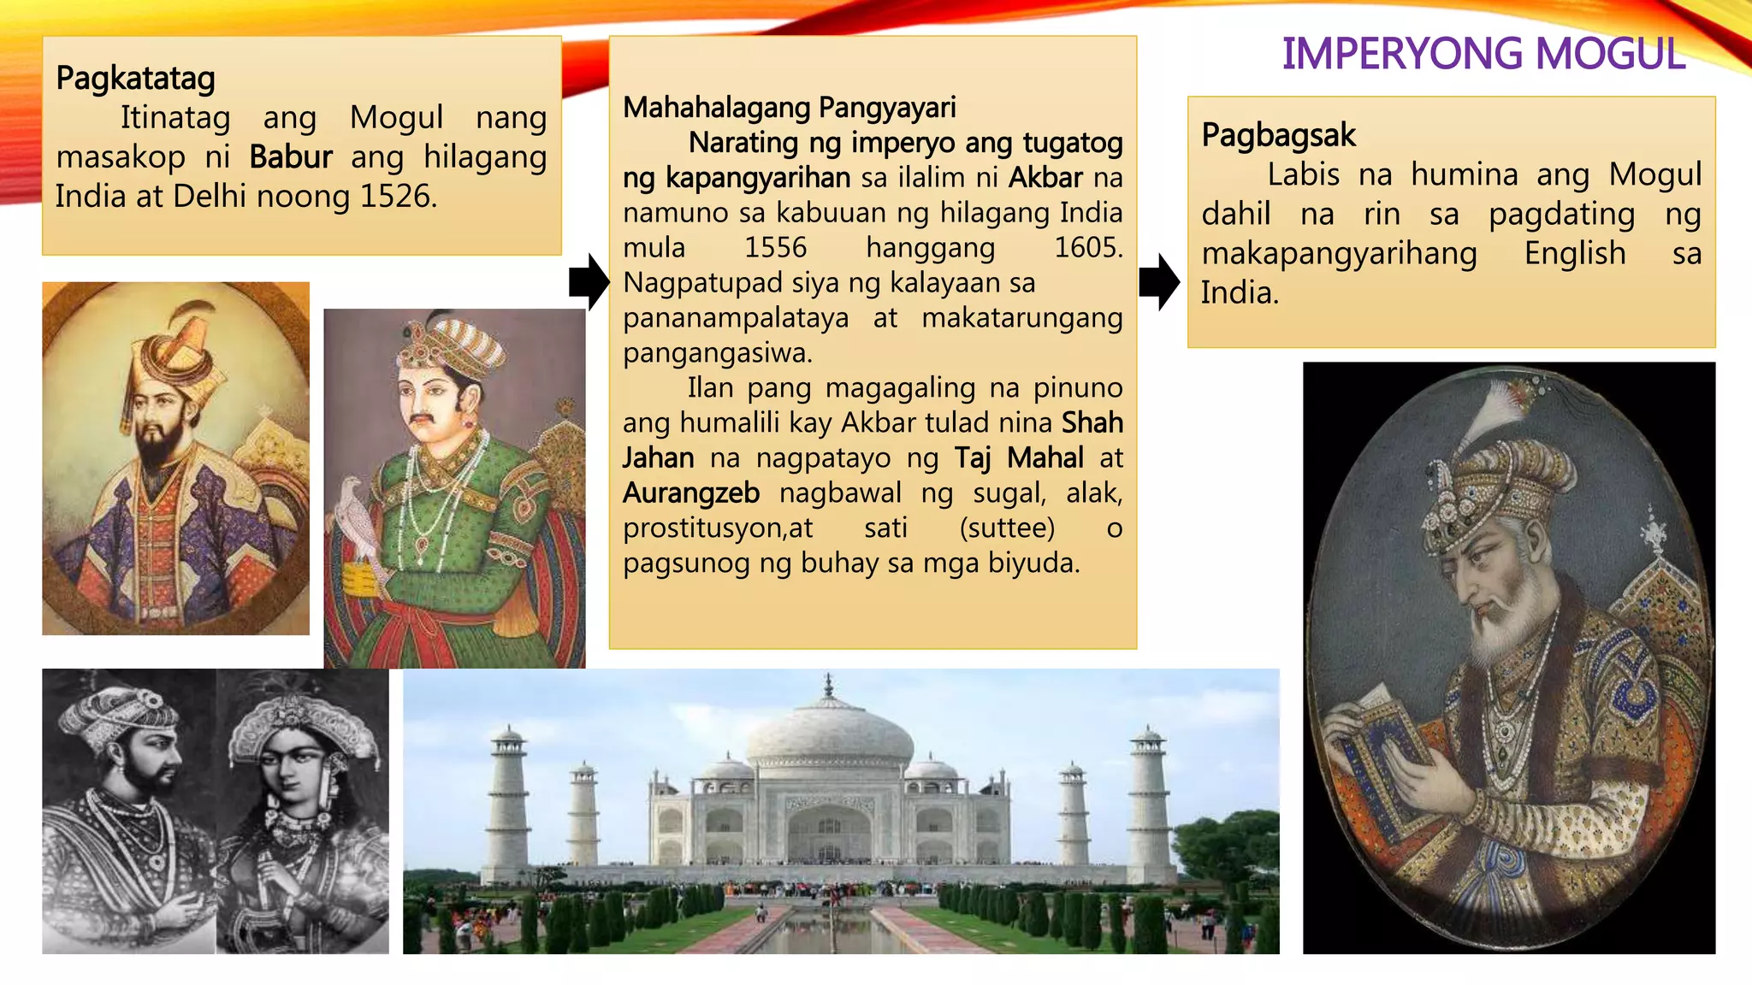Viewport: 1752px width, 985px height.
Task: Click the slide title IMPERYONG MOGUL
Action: click(1483, 54)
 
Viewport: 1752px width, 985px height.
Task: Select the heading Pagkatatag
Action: click(135, 79)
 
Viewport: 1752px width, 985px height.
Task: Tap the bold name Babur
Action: click(291, 157)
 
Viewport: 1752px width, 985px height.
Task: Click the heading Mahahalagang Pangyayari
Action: click(789, 108)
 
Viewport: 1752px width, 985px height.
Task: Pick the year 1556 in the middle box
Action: click(775, 248)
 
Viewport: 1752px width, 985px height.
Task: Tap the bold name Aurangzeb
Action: click(691, 493)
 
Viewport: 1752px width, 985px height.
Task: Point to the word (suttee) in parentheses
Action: click(1007, 528)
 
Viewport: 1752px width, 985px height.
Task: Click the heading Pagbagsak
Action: click(1278, 135)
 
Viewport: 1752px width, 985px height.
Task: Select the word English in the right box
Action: click(1574, 254)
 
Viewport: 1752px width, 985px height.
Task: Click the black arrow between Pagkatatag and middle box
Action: click(589, 281)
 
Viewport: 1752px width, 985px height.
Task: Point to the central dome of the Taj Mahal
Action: click(828, 727)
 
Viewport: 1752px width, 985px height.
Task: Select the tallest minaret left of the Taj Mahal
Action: click(508, 795)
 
